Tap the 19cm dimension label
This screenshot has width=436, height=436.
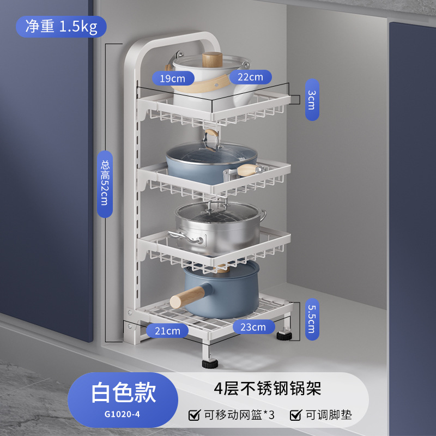pyautogui.click(x=172, y=78)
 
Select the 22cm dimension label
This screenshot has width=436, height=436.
pyautogui.click(x=250, y=77)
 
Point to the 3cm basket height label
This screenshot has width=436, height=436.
pyautogui.click(x=311, y=100)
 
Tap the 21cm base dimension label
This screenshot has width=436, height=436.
pyautogui.click(x=167, y=330)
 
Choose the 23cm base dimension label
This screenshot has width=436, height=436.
pyautogui.click(x=253, y=327)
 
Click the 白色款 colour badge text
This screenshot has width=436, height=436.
pyautogui.click(x=123, y=391)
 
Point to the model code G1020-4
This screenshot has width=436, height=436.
pyautogui.click(x=123, y=414)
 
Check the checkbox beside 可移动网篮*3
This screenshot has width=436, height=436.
pyautogui.click(x=193, y=415)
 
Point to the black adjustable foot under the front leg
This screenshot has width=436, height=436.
pyautogui.click(x=209, y=362)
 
